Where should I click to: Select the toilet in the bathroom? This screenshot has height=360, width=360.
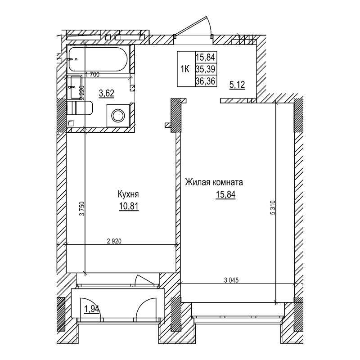tap(80, 108)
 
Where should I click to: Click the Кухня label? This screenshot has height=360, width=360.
tap(128, 194)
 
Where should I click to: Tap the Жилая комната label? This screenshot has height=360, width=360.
tap(214, 183)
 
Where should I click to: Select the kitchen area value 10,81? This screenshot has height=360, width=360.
tap(128, 207)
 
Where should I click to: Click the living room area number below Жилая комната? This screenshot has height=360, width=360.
tap(225, 195)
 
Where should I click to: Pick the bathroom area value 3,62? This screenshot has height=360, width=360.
tap(106, 94)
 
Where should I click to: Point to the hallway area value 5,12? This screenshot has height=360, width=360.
tap(237, 84)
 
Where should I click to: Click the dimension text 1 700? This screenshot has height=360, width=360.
tap(92, 75)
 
